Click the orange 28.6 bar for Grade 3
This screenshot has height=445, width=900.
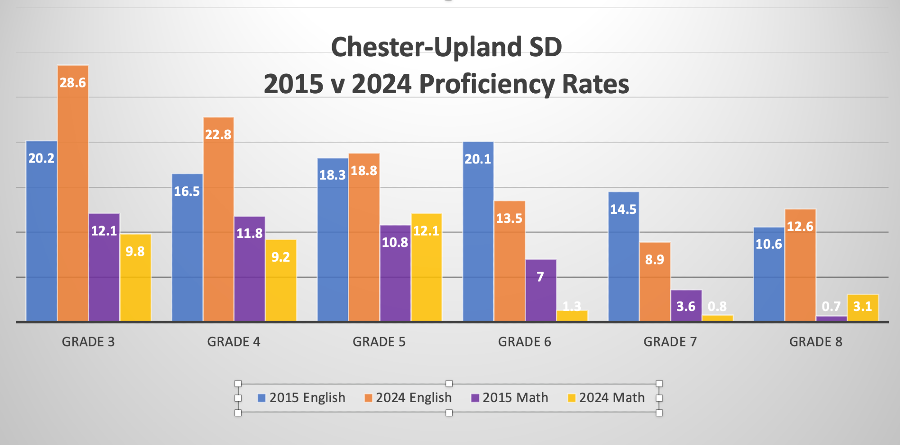(73, 194)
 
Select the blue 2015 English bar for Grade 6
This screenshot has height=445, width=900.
(478, 232)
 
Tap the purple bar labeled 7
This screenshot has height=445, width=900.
(541, 291)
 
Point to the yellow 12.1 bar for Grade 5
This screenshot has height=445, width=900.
(427, 268)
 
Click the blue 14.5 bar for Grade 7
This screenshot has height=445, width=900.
(624, 257)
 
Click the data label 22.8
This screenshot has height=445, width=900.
(218, 135)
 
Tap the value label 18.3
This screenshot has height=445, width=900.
(332, 175)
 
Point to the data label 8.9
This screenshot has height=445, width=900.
(655, 260)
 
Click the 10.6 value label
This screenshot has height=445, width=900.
(769, 245)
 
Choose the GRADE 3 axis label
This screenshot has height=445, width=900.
(88, 342)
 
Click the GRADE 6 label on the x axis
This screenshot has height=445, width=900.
(525, 342)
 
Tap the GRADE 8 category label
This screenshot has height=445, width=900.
(816, 342)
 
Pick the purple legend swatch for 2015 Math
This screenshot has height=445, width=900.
(475, 398)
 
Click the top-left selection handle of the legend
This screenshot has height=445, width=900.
(238, 384)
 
